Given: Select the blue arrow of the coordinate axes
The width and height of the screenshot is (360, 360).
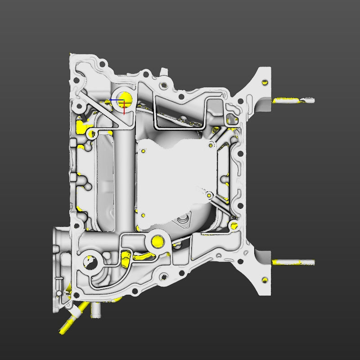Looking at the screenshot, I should [115, 100].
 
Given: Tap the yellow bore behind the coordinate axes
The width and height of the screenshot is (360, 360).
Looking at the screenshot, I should [126, 97].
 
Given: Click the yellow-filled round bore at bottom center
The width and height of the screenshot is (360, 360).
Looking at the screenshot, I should [158, 241].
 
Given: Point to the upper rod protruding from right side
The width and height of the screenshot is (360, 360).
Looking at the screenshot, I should [292, 100].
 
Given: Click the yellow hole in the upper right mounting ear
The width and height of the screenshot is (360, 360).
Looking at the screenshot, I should [265, 82].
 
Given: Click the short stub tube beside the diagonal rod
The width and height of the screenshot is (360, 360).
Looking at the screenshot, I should [95, 310].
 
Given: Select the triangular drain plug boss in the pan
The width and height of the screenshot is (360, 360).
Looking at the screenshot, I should [183, 220].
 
